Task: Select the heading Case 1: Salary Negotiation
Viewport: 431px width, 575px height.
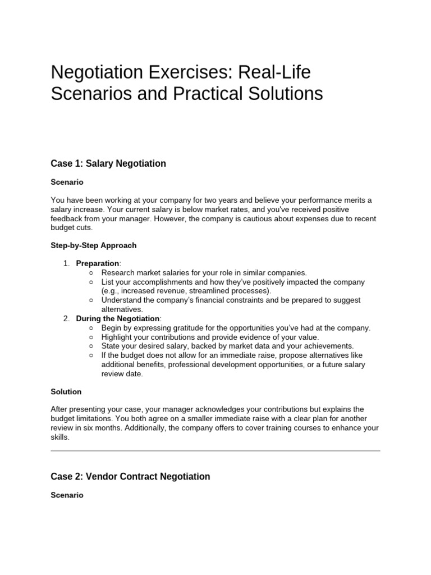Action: coord(108,163)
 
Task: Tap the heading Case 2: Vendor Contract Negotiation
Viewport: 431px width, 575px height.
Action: coord(130,476)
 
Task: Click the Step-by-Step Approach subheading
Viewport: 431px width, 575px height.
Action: coord(93,245)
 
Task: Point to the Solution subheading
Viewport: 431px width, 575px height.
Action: coord(66,391)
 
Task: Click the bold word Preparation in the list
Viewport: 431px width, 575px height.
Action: coord(98,263)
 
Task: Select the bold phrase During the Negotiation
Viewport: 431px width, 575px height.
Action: coord(118,318)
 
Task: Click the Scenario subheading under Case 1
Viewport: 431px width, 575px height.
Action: coord(67,182)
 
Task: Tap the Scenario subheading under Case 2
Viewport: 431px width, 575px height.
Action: coord(67,495)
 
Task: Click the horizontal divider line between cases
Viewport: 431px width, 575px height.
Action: coord(215,450)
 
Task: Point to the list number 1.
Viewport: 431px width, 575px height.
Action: coord(65,263)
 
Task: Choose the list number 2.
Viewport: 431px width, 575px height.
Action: coord(66,318)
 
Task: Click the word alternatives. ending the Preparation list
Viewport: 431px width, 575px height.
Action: coord(122,309)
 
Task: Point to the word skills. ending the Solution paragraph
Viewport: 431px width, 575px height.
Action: coord(61,437)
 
